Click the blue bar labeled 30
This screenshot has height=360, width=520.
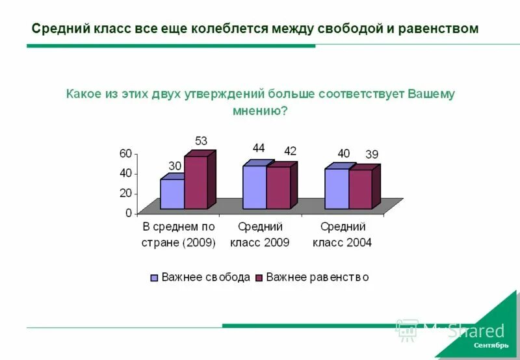tap(172, 194)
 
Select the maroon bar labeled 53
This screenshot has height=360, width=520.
tap(196, 183)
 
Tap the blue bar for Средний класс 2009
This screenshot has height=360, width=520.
tap(254, 187)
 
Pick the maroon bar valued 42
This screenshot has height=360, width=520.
tap(278, 188)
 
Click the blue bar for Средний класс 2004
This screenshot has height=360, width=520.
tap(337, 188)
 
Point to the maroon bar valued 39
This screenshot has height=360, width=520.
tap(360, 189)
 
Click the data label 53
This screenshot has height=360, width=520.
tap(201, 141)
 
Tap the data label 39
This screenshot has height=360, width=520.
tap(372, 154)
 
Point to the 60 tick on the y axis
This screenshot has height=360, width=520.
tap(125, 153)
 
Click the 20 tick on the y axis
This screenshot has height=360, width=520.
tap(125, 194)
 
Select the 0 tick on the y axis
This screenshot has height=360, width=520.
tap(128, 213)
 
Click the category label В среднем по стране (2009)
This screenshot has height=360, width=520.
tap(178, 235)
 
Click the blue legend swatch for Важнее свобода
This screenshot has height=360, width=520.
tap(154, 277)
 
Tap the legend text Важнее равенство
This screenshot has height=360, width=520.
tap(317, 277)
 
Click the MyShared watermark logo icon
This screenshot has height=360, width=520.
tap(406, 330)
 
